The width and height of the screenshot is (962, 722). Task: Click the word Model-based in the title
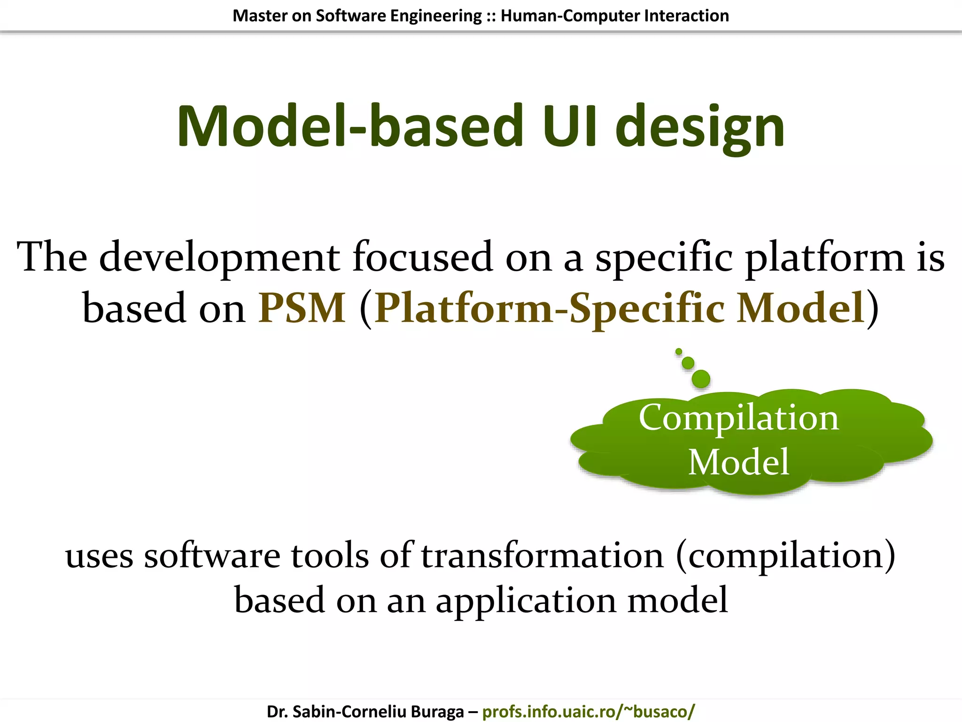(350, 127)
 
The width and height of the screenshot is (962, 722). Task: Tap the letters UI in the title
(570, 127)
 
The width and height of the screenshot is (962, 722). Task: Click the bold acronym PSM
(302, 308)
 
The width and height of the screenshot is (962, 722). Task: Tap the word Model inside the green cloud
(738, 462)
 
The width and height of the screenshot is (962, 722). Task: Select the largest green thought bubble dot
(701, 379)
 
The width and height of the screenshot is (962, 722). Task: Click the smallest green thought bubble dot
(679, 351)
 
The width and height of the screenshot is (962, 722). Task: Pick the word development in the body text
(219, 258)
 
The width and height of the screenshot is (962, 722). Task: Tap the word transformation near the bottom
(542, 556)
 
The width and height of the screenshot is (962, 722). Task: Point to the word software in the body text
(212, 556)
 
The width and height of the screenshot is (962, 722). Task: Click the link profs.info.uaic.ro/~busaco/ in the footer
(588, 711)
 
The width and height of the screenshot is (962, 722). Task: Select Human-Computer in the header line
(570, 16)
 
